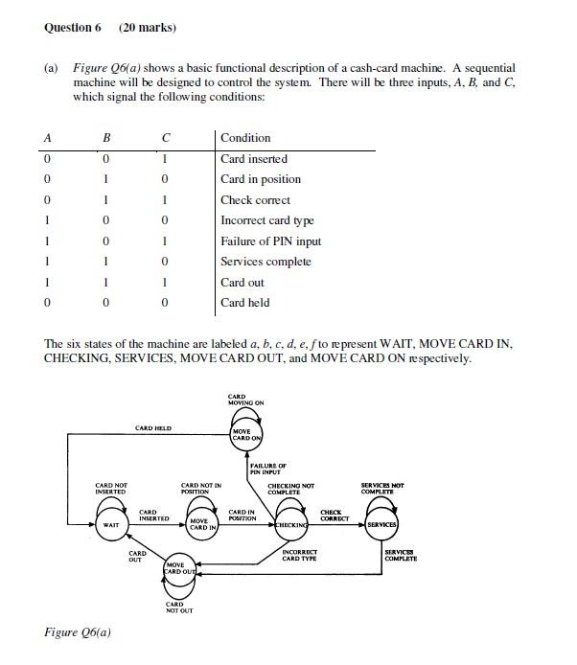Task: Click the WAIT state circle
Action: click(x=111, y=524)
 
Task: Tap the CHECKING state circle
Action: click(x=292, y=525)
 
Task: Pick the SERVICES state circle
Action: click(x=381, y=525)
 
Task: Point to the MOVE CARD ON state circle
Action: click(x=246, y=436)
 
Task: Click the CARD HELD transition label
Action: click(x=153, y=428)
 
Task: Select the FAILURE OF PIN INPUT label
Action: click(x=267, y=469)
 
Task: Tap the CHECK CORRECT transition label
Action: click(x=335, y=516)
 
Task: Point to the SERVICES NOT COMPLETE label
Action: click(x=381, y=489)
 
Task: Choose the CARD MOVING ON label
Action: click(x=245, y=400)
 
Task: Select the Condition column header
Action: click(x=245, y=138)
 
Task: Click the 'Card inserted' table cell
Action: click(x=254, y=159)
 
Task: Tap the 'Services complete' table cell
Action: click(x=265, y=262)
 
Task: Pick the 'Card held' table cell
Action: click(x=245, y=303)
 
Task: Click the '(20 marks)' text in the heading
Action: click(x=148, y=28)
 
